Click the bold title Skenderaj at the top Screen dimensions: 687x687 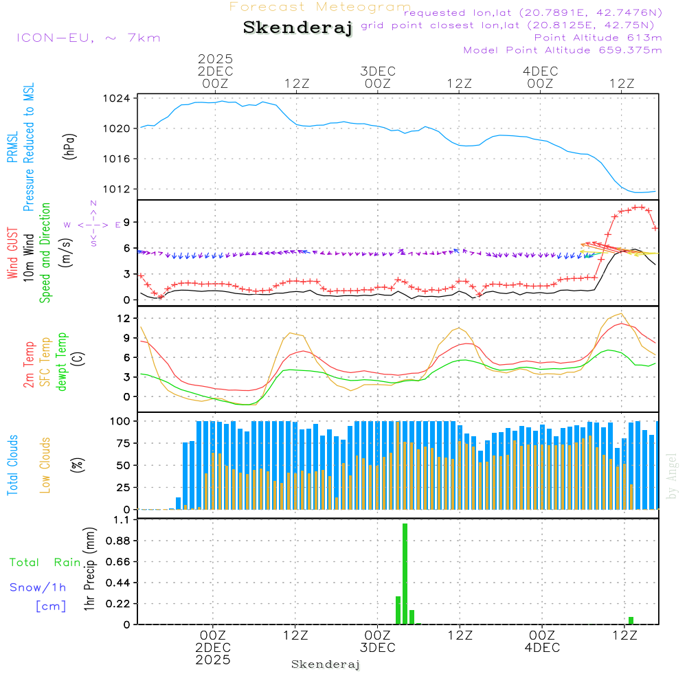(x=297, y=28)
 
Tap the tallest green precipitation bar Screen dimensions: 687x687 (x=405, y=574)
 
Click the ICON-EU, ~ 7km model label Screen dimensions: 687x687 (x=88, y=38)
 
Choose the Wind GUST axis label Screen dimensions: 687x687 (x=12, y=253)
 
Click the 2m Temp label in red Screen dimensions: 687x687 (x=29, y=362)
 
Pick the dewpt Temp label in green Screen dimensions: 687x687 (x=62, y=362)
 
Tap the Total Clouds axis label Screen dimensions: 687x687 (x=12, y=465)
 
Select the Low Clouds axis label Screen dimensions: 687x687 (x=45, y=465)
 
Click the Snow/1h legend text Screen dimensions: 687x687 (x=38, y=587)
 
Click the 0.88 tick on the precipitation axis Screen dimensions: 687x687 (x=115, y=541)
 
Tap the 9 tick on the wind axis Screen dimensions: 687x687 (x=126, y=222)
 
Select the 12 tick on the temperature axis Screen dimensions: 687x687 (x=124, y=318)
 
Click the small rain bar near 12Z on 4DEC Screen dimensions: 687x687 (x=631, y=620)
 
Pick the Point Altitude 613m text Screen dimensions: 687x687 (x=598, y=38)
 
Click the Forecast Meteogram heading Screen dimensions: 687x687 (x=320, y=7)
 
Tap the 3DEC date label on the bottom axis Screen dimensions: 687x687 (x=377, y=648)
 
